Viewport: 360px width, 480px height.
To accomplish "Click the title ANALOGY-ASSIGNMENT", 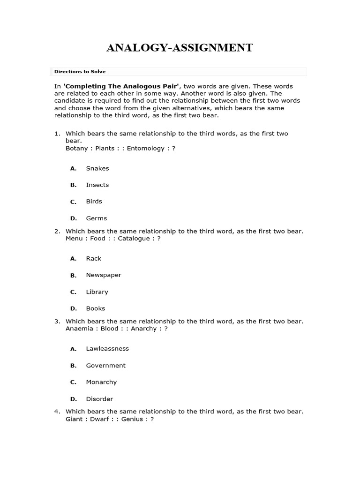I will tap(180, 48).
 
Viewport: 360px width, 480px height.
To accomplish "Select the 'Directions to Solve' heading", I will tap(80, 72).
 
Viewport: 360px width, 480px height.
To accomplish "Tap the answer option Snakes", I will tap(97, 168).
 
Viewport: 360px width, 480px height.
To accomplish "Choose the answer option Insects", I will tap(97, 185).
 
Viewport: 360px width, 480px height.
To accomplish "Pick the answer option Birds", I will tap(94, 202).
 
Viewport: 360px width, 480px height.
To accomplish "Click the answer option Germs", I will tap(96, 218).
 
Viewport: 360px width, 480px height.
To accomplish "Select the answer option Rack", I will tap(93, 259).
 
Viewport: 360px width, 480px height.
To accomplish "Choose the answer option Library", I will tap(97, 292).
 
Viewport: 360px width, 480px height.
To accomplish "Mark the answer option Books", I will tap(95, 308).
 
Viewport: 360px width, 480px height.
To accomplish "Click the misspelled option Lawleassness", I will tap(107, 349).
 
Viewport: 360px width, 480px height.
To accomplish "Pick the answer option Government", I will tap(105, 366).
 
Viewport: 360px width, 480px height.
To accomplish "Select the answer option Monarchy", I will tap(101, 382).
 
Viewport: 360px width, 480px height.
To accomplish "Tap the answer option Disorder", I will tap(99, 399).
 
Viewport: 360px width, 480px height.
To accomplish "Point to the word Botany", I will tap(76, 149).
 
